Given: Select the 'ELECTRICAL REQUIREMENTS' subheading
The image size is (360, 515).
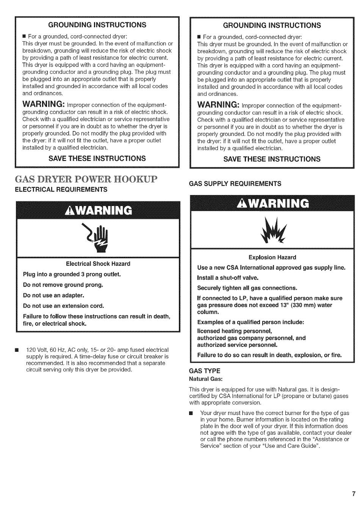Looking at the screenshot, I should coord(61,189).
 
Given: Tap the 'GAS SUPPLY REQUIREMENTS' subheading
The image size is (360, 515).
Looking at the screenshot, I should coord(235,184).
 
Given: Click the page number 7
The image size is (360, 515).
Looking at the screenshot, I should coord(353,494).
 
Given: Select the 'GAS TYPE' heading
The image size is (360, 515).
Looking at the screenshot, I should coord(204,371).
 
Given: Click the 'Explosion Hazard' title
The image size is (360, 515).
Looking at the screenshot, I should coord(272,257).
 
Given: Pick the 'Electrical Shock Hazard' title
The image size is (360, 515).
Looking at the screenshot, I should coord(98,264).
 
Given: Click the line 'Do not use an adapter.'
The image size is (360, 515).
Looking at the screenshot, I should coord(53,295).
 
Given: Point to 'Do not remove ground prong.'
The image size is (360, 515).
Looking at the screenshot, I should coord(63,285).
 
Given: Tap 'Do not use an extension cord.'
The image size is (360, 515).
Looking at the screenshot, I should coord(63,306).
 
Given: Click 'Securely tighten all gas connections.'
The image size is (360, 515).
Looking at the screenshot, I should coord(247,288).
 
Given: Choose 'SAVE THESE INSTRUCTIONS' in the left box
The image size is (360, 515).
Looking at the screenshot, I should coord(97,158).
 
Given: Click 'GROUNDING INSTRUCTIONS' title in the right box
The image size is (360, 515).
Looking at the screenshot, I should coord(272,25).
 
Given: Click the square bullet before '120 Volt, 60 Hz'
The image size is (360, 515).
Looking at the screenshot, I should coord(16,350).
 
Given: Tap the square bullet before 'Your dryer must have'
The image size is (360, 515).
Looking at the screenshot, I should coord(191,413).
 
